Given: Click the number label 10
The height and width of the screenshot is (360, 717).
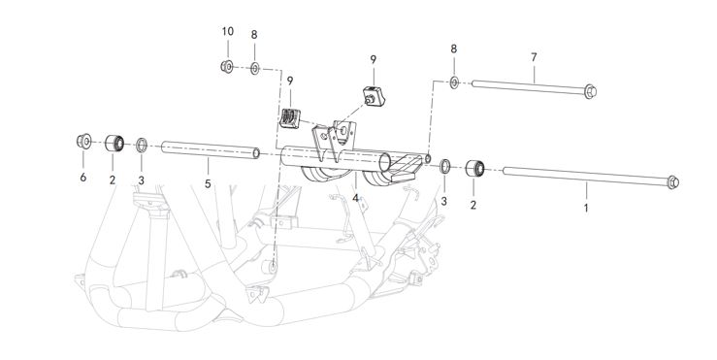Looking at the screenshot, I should (227, 31).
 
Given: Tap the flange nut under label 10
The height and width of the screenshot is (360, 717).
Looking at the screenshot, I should (226, 67).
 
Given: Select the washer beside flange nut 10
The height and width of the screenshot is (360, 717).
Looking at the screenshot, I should (254, 68).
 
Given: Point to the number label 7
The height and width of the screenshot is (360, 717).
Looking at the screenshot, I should (534, 57).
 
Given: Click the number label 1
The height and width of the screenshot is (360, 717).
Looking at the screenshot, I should (585, 207).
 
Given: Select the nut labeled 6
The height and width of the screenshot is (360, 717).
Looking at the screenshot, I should (83, 143).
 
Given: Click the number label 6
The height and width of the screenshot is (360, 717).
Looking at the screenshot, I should (83, 178).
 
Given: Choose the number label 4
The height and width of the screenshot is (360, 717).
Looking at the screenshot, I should (356, 198).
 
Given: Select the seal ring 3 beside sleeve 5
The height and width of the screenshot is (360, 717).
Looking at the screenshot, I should (142, 146).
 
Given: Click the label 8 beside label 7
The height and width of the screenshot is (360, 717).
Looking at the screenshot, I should (453, 48).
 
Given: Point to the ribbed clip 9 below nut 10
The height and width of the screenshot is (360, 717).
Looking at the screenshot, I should (288, 118).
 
